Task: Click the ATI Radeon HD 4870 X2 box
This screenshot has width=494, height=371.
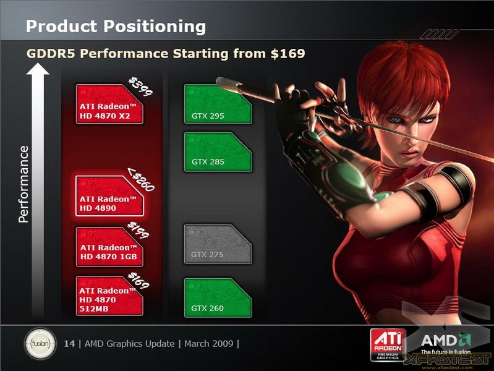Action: pyautogui.click(x=109, y=104)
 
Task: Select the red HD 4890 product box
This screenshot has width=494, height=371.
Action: pyautogui.click(x=109, y=196)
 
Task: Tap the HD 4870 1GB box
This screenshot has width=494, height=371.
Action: pyautogui.click(x=109, y=247)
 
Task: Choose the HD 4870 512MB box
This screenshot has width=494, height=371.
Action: pyautogui.click(x=109, y=296)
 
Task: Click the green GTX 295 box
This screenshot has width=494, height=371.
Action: pyautogui.click(x=218, y=104)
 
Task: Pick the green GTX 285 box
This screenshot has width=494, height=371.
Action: pyautogui.click(x=218, y=152)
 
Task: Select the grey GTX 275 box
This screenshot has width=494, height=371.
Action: pyautogui.click(x=218, y=244)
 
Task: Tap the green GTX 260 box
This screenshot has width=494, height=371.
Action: pyautogui.click(x=218, y=297)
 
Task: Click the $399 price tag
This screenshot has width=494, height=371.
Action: pyautogui.click(x=140, y=87)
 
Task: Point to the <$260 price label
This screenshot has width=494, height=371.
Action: pyautogui.click(x=141, y=179)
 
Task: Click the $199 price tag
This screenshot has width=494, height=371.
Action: pyautogui.click(x=138, y=230)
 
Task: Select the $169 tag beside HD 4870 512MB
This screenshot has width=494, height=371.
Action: pyautogui.click(x=138, y=280)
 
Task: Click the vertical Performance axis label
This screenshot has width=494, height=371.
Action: pyautogui.click(x=23, y=184)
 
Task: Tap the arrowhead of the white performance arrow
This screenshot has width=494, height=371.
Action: pyautogui.click(x=38, y=69)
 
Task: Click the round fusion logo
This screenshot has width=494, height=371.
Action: pyautogui.click(x=40, y=343)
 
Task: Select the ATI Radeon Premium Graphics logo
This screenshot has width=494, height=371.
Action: pyautogui.click(x=388, y=345)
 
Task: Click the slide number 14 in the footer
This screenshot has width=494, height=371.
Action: pyautogui.click(x=69, y=343)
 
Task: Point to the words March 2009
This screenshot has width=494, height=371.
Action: pyautogui.click(x=208, y=343)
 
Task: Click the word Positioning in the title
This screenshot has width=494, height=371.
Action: pyautogui.click(x=155, y=27)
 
